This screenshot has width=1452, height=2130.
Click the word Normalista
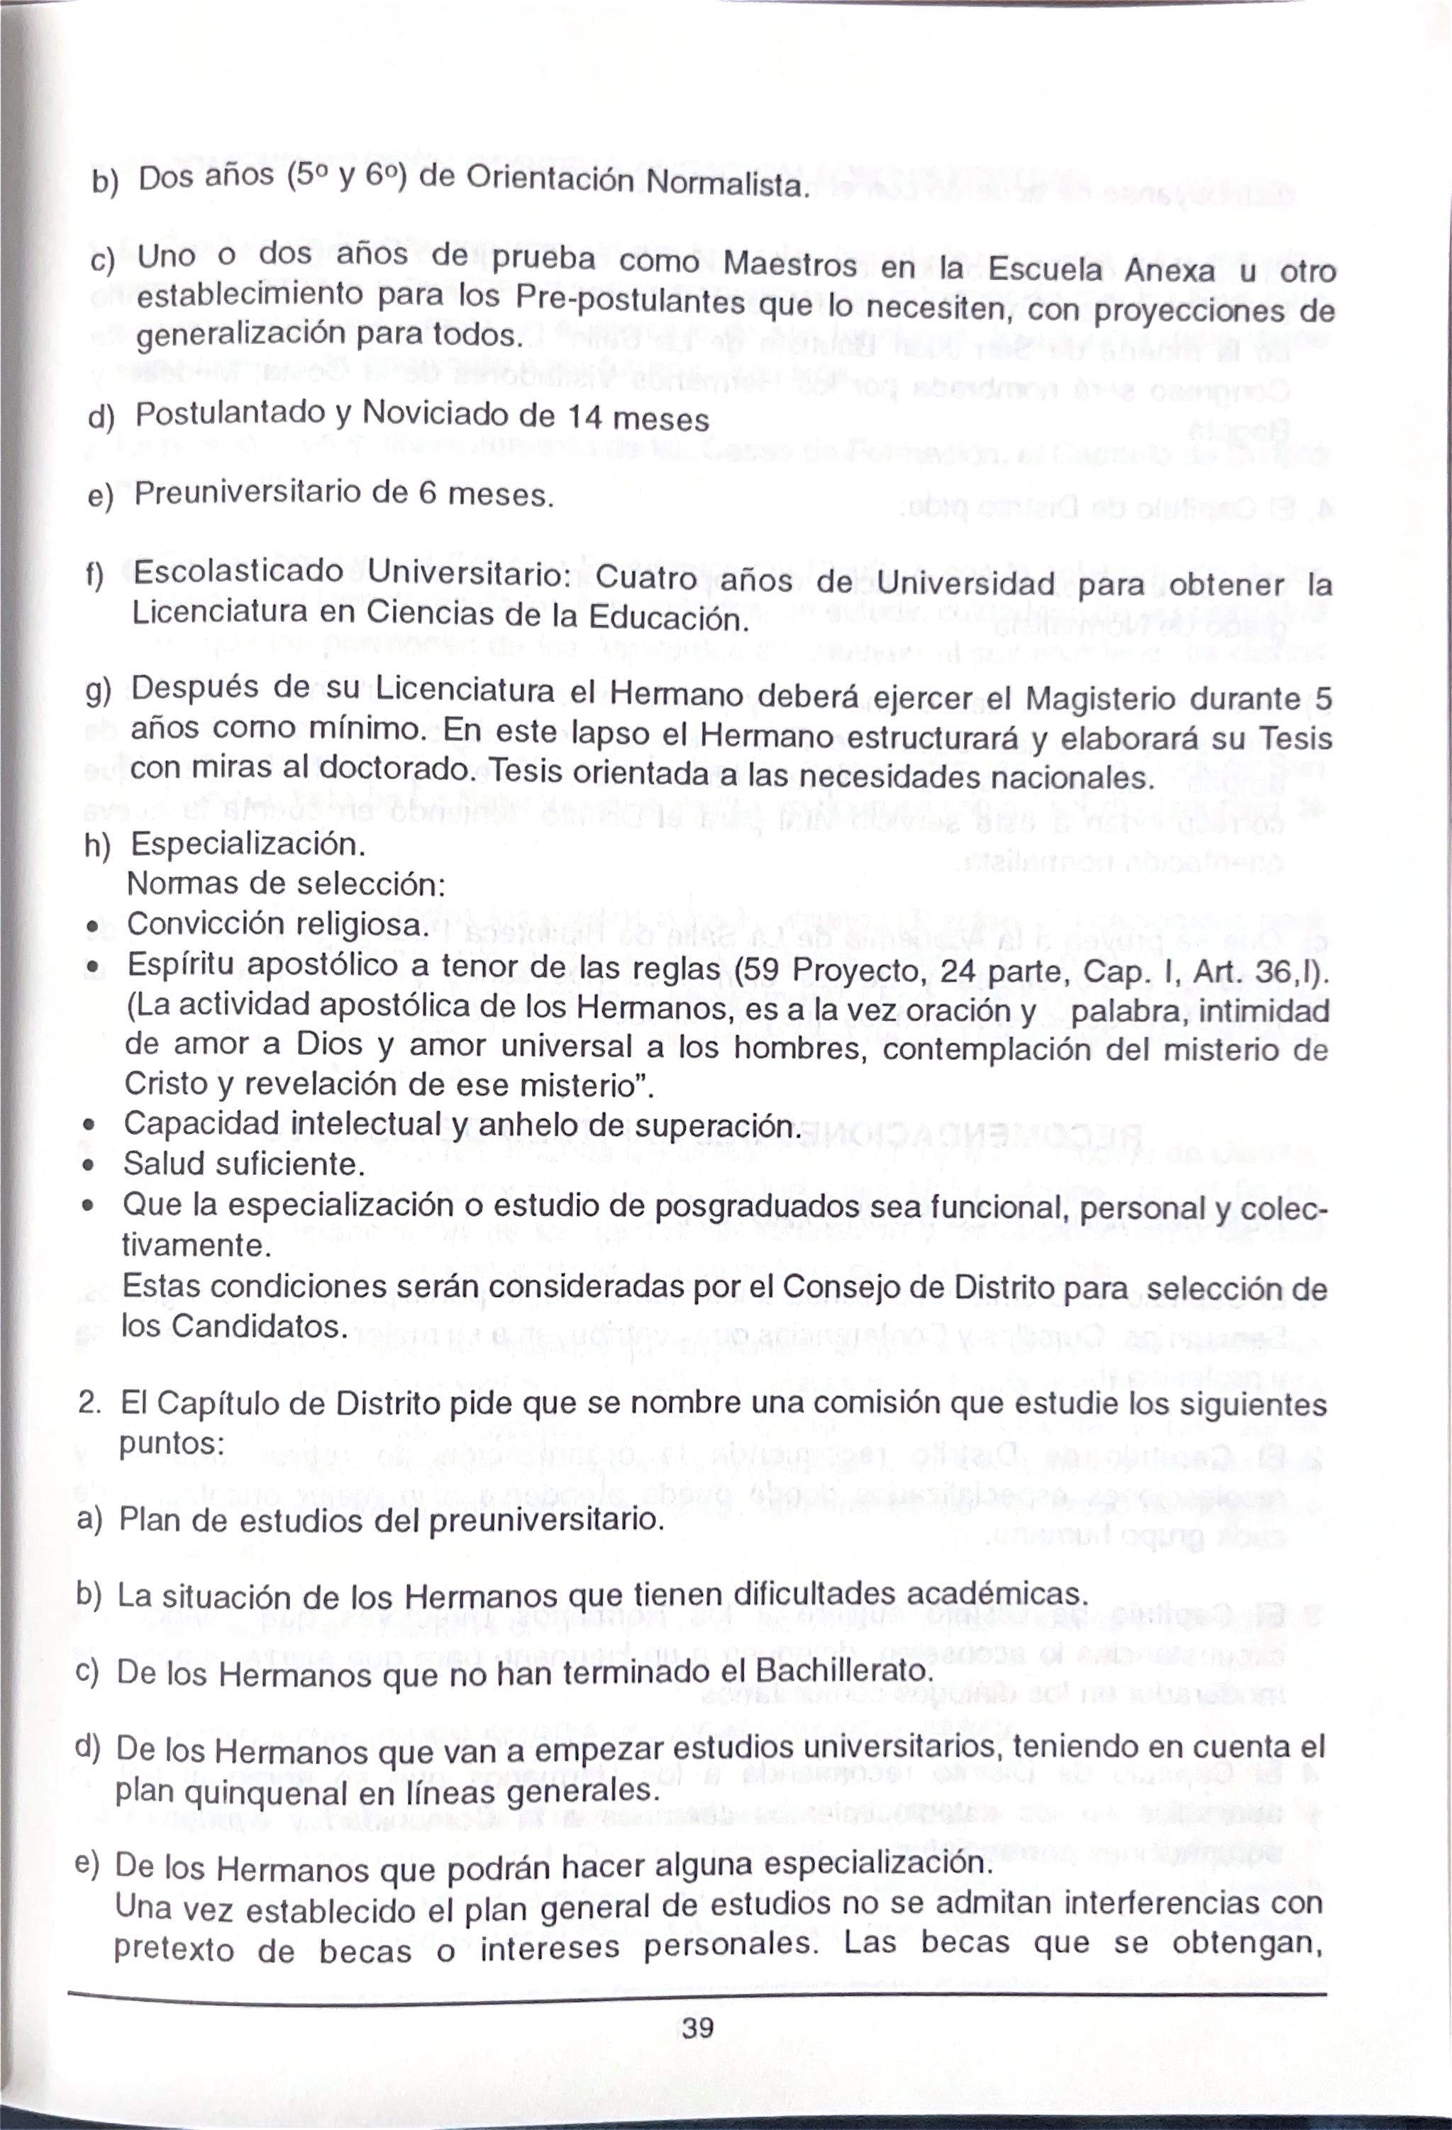(727, 185)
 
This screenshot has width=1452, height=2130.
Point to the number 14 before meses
(584, 417)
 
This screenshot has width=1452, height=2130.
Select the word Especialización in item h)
(248, 843)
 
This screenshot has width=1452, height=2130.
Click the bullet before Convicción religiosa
(91, 926)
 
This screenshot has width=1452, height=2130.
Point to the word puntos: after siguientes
(172, 1444)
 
